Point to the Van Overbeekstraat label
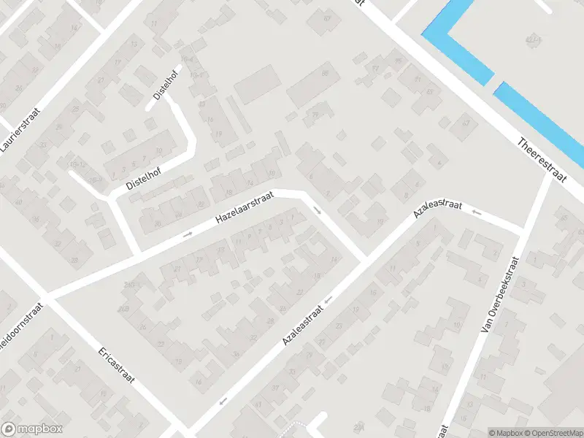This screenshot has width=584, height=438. pos(499,296)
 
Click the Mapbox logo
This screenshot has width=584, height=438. pos(32,429)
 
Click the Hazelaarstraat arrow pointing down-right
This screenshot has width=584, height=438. pos(317,210)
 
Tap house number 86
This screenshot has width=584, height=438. pos(325,74)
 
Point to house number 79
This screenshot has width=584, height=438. pos(315,115)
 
